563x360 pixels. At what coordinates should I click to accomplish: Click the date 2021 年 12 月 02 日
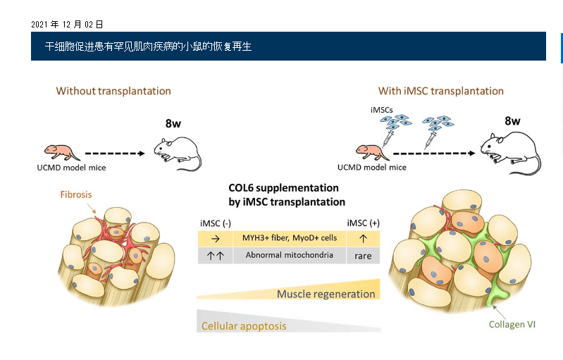[67, 25]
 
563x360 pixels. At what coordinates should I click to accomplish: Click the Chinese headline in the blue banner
[148, 46]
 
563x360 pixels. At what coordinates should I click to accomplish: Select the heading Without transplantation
[113, 91]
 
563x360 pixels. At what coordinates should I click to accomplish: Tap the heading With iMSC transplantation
[440, 91]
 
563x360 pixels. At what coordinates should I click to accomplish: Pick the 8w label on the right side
[512, 120]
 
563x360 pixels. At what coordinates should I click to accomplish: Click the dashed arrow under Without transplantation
[116, 151]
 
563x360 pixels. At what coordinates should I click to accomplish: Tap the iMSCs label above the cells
[381, 110]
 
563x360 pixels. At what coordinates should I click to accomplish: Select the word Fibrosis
[76, 194]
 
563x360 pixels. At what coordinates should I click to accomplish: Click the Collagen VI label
[512, 325]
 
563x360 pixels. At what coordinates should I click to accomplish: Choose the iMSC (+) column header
[363, 223]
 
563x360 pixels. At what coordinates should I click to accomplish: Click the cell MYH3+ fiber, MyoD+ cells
[290, 238]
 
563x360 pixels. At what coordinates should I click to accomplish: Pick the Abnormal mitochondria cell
[290, 255]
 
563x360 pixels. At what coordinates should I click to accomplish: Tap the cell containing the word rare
[363, 256]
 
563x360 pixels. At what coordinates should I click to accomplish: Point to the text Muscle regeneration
[326, 294]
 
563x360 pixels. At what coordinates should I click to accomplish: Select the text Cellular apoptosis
[244, 326]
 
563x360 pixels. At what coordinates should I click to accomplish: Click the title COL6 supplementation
[283, 188]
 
